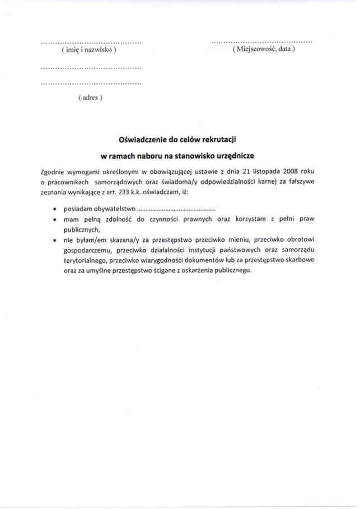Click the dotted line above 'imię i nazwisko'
(x=91, y=43)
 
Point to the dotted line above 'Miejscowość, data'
(x=261, y=42)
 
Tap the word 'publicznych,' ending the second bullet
(x=81, y=230)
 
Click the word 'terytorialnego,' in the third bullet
(x=86, y=260)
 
